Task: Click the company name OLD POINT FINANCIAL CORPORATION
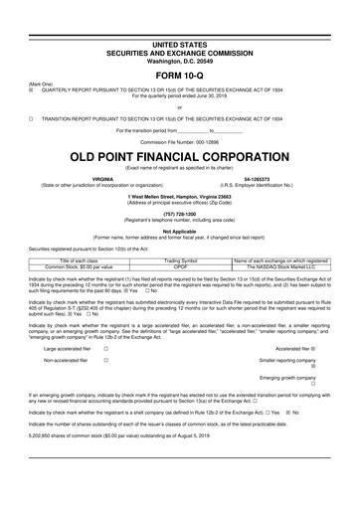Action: click(179, 157)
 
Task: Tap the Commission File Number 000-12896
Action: click(179, 141)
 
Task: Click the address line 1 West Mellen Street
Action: click(179, 196)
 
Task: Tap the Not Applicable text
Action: click(179, 230)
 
